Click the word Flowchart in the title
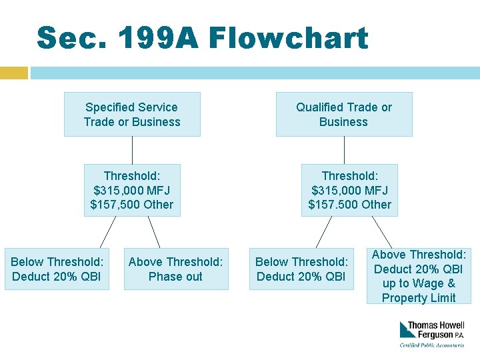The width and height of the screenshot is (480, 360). pos(288,38)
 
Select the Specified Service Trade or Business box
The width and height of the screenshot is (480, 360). pos(132,114)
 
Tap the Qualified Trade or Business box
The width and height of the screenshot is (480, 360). pos(344,114)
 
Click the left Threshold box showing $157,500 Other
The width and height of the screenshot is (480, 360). pos(132,190)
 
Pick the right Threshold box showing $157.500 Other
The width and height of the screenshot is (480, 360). pos(349,190)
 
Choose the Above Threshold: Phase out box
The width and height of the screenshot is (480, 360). pos(176,269)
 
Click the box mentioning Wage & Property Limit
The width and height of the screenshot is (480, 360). pos(419,276)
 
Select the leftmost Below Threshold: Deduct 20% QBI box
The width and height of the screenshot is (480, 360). pos(57,269)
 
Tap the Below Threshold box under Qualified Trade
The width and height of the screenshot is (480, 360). pos(301,269)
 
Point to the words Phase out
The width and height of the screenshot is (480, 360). pos(176,277)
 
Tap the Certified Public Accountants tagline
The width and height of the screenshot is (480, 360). pos(432,345)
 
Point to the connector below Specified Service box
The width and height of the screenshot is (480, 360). pos(132,150)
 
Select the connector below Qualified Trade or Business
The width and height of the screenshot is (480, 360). pos(344,150)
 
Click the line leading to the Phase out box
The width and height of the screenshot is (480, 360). pos(153,232)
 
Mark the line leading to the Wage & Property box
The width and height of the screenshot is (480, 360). pos(381,232)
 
